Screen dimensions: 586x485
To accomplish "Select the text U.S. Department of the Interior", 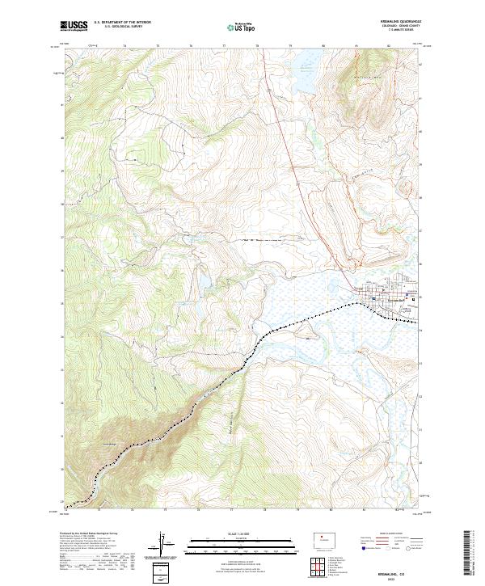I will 122,23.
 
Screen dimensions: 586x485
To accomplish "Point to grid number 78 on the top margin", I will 257,47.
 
